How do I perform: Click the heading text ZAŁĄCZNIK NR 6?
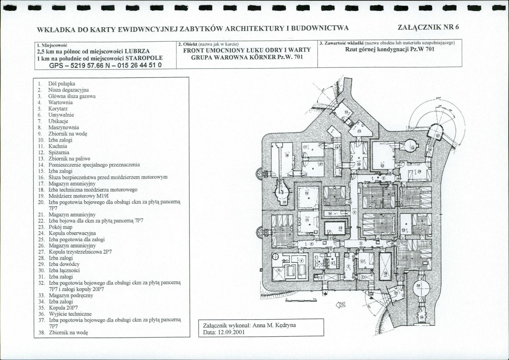(x=428, y=27)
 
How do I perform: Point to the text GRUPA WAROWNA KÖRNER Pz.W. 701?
(x=246, y=56)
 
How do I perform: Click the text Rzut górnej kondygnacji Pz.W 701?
(x=389, y=50)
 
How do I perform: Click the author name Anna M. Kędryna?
(x=274, y=325)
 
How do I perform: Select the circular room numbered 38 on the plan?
(x=418, y=287)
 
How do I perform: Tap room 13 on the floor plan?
(x=340, y=228)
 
